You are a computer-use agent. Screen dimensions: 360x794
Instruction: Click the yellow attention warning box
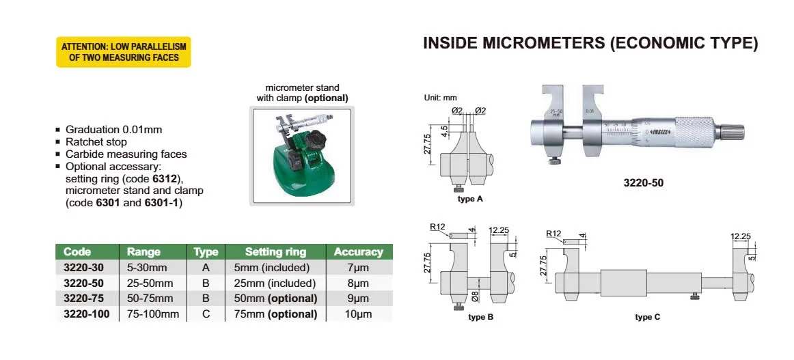[123, 52]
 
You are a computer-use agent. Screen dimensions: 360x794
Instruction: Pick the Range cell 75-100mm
[153, 314]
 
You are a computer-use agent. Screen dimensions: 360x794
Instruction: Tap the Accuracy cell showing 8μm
[358, 283]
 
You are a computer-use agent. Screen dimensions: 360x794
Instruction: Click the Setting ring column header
[275, 251]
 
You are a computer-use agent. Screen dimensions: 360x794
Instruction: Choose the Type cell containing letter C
[206, 314]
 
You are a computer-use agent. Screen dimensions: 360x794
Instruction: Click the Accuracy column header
[358, 251]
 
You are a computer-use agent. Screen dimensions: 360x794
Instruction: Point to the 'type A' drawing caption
[470, 199]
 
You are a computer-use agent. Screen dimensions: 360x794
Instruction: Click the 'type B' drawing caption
[480, 317]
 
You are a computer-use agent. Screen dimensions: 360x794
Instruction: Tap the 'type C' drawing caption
[647, 317]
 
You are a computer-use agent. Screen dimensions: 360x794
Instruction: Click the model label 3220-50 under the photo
[643, 182]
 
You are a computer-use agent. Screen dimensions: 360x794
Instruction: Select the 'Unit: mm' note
[441, 98]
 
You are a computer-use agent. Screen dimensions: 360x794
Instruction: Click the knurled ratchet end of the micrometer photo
[735, 130]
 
